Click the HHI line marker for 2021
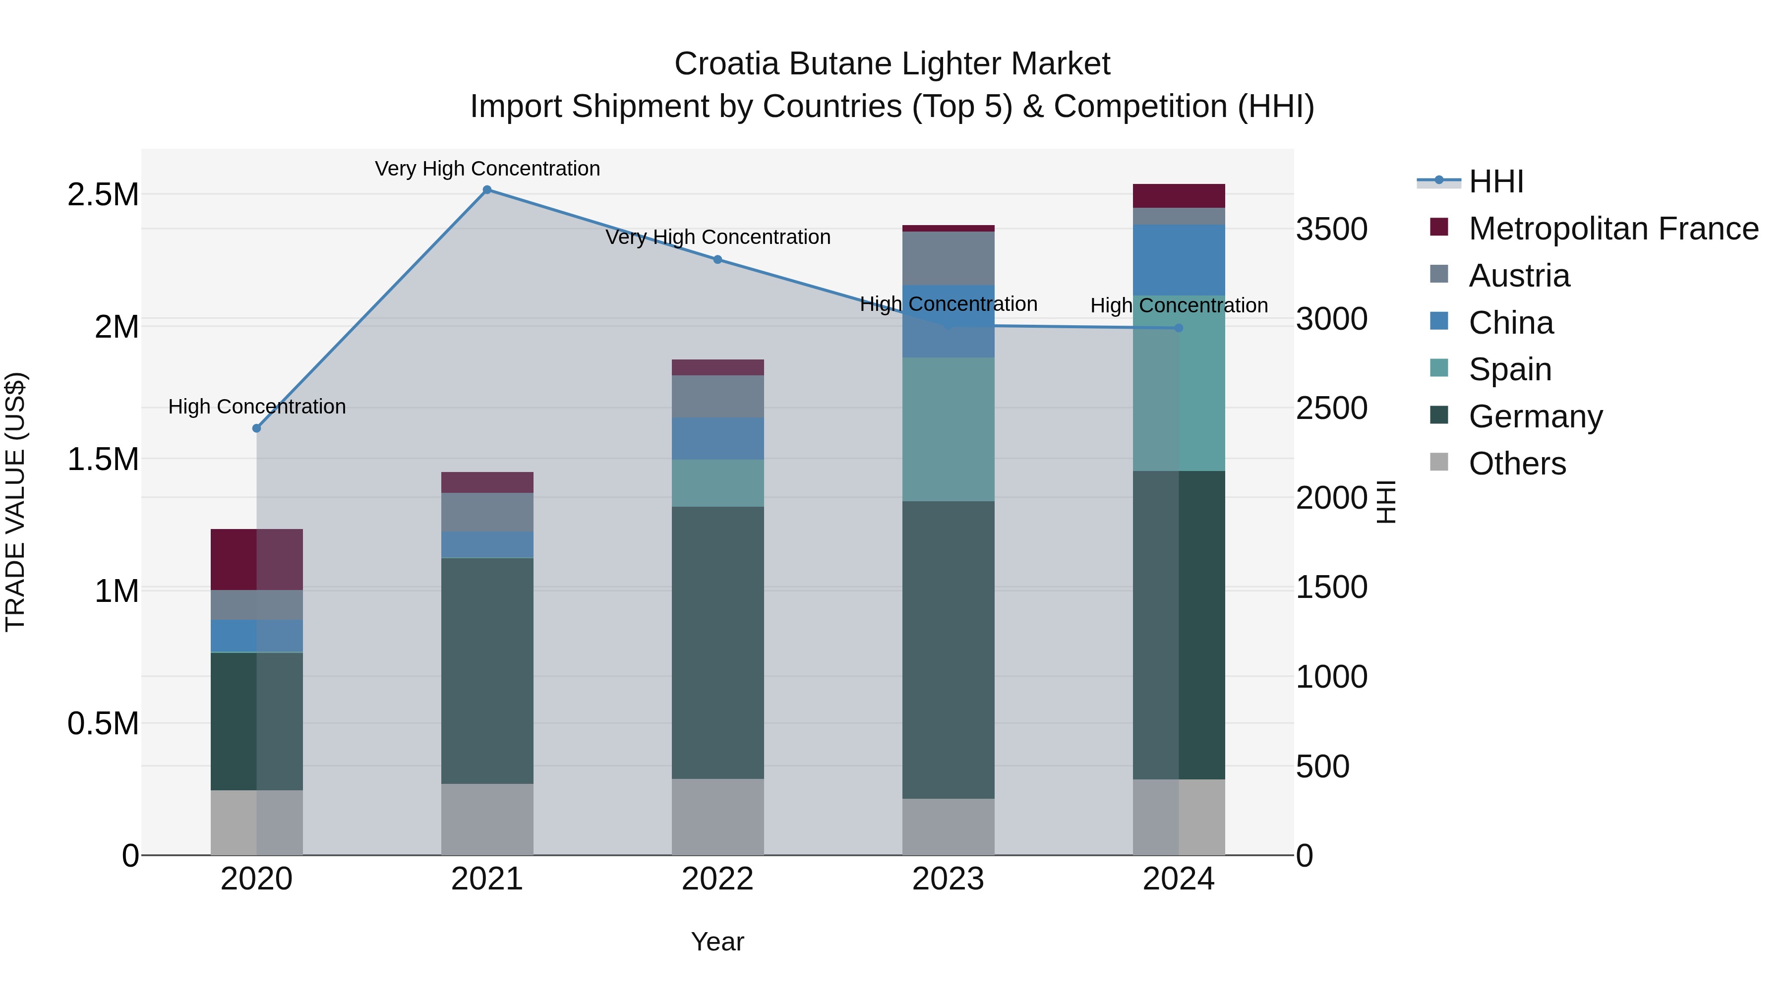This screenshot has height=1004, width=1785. click(x=487, y=190)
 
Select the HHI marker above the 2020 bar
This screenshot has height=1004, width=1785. click(x=256, y=428)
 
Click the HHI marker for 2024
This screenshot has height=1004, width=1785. click(x=1179, y=328)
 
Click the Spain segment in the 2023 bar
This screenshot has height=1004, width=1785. click(x=948, y=429)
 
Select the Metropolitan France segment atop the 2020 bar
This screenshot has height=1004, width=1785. click(x=256, y=559)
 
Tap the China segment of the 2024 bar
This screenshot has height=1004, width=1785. click(x=1179, y=260)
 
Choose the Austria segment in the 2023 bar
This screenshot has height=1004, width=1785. click(x=948, y=258)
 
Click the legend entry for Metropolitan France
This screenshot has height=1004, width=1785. click(x=1613, y=229)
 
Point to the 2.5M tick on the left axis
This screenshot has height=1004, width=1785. click(x=103, y=195)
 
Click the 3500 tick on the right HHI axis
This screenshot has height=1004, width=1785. click(x=1331, y=230)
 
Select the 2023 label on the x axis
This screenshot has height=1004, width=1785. click(x=948, y=879)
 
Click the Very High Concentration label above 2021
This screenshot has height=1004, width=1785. click(x=487, y=169)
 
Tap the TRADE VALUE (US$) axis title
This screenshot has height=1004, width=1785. click(x=15, y=502)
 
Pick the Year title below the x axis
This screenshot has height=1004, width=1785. click(x=717, y=942)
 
